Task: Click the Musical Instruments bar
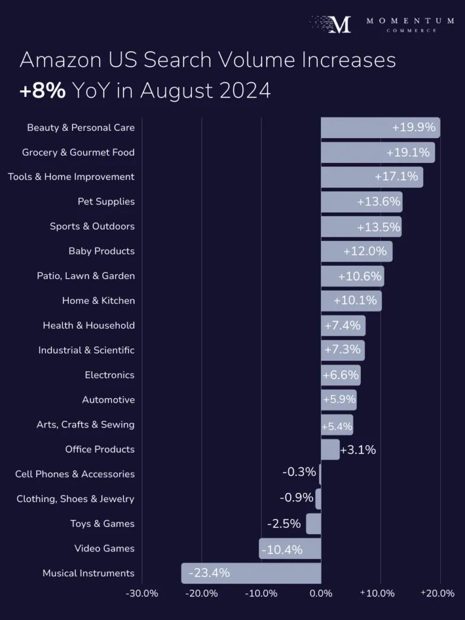(x=251, y=573)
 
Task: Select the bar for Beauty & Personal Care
(x=380, y=128)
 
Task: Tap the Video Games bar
(x=290, y=549)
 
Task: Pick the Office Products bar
(x=330, y=449)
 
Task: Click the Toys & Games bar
(x=314, y=524)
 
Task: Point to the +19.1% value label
(x=408, y=153)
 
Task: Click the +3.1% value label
(x=358, y=450)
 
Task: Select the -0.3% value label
(x=299, y=472)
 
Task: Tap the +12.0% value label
(x=366, y=251)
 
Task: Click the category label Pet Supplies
(x=106, y=202)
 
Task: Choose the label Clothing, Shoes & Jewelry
(x=75, y=499)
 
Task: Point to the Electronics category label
(x=110, y=375)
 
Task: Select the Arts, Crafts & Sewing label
(x=85, y=425)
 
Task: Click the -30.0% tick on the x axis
(x=142, y=593)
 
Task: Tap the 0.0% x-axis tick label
(x=321, y=593)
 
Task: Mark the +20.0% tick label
(x=438, y=593)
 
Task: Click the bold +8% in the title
(x=42, y=91)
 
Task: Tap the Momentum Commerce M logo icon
(x=340, y=24)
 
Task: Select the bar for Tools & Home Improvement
(x=372, y=177)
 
